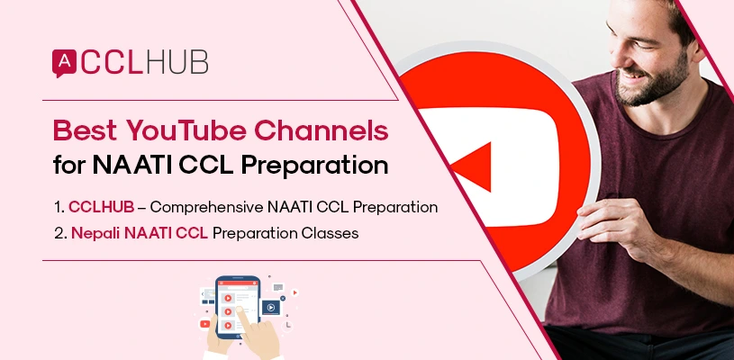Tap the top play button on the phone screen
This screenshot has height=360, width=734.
[x=228, y=297]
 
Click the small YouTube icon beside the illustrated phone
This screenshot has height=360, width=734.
[x=205, y=324]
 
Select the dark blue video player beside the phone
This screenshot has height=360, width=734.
[x=269, y=307]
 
